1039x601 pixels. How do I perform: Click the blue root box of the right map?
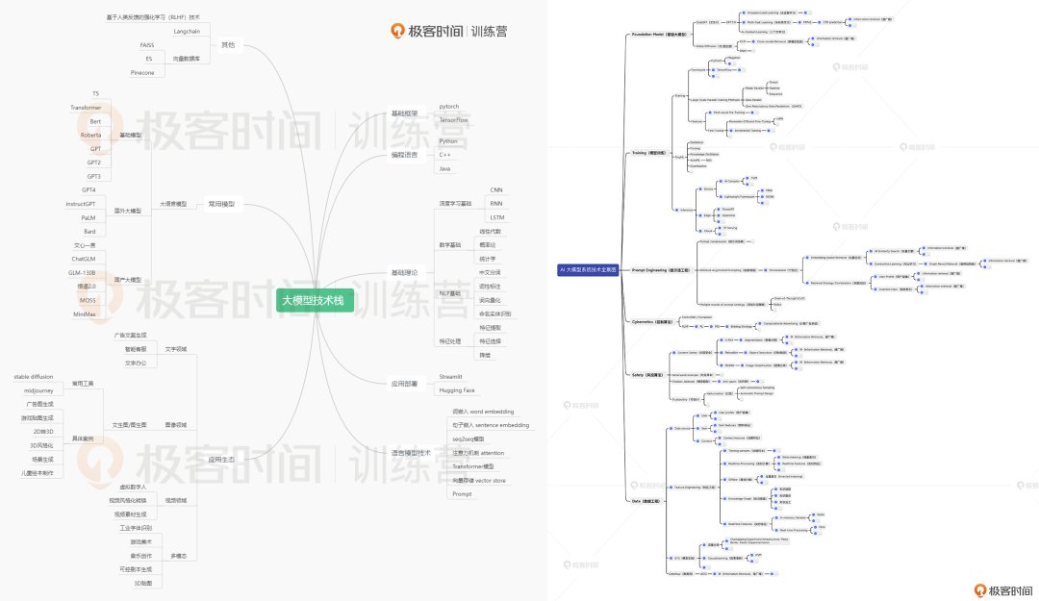pos(588,269)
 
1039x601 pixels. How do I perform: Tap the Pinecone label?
pos(141,72)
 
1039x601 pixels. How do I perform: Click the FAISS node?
pos(147,45)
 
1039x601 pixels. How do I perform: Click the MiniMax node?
pos(85,313)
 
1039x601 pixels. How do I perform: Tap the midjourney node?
pos(42,390)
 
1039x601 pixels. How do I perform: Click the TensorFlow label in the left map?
pos(453,120)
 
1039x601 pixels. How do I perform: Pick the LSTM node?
pos(496,217)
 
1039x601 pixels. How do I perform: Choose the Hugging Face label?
pos(456,390)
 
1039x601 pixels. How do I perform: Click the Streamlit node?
pos(450,377)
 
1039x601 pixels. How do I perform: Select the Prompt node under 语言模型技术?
pos(462,493)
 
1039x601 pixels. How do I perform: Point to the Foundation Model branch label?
pos(658,34)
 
